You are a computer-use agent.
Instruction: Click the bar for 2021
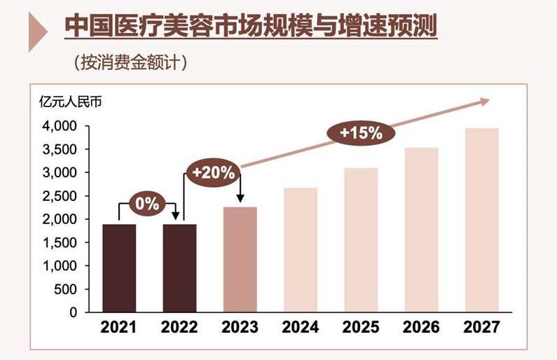[119, 268]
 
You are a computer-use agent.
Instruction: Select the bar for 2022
[179, 268]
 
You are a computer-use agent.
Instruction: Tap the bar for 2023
[240, 260]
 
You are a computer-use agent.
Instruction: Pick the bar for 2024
[301, 250]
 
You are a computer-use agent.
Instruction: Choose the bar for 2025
[361, 240]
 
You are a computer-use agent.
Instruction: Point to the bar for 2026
[422, 230]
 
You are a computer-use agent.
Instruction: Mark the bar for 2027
[482, 220]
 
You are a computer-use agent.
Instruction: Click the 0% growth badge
[148, 205]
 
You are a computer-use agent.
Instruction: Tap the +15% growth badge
[361, 132]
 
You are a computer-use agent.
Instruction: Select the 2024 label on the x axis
[301, 327]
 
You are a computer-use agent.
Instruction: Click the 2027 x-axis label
[482, 327]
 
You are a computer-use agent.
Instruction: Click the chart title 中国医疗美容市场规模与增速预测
[250, 27]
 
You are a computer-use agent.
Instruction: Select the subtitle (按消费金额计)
[130, 62]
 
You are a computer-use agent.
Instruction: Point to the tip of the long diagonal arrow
[488, 101]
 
